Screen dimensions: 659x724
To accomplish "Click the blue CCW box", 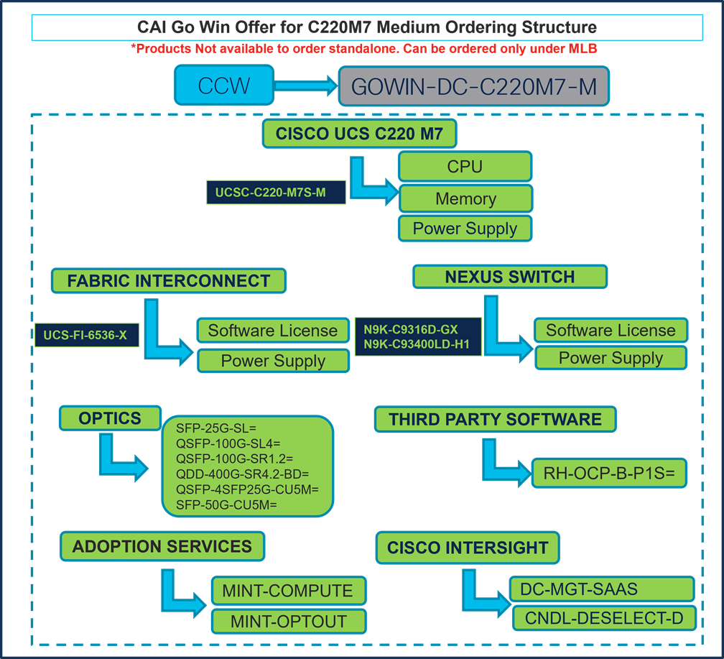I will pyautogui.click(x=223, y=86).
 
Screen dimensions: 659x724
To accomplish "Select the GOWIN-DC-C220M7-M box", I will pyautogui.click(x=473, y=87).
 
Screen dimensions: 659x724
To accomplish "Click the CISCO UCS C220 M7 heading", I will pyautogui.click(x=366, y=134).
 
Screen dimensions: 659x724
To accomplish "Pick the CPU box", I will pyautogui.click(x=465, y=167).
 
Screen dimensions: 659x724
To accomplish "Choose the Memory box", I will pyautogui.click(x=465, y=199).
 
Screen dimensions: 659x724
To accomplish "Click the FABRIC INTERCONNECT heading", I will pyautogui.click(x=169, y=281).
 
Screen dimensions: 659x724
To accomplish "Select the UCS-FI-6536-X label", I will pyautogui.click(x=85, y=335).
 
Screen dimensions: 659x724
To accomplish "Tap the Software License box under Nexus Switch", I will pyautogui.click(x=611, y=330).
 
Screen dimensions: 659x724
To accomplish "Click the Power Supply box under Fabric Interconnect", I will pyautogui.click(x=273, y=361).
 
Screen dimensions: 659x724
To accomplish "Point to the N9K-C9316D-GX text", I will pyautogui.click(x=410, y=330).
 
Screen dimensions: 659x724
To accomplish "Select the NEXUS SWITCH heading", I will pyautogui.click(x=510, y=277).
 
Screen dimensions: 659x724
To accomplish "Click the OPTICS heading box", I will pyautogui.click(x=110, y=418).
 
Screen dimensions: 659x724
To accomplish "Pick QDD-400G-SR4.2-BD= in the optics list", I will pyautogui.click(x=242, y=474).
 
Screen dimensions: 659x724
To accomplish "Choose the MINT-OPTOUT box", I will pyautogui.click(x=289, y=622).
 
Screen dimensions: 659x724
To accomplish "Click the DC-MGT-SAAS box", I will pyautogui.click(x=602, y=589).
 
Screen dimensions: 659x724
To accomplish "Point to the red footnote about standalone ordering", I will pyautogui.click(x=364, y=49).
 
